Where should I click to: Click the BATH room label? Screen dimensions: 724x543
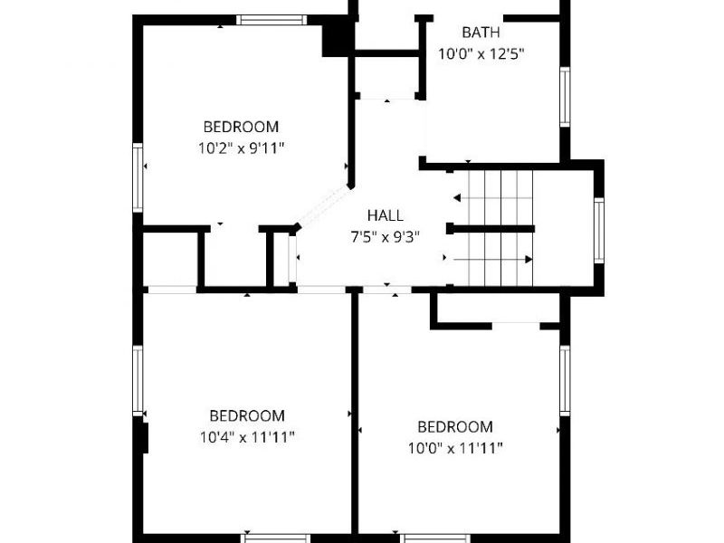point(481,33)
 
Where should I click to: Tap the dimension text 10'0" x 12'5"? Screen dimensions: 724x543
point(481,54)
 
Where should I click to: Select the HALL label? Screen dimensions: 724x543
point(386,215)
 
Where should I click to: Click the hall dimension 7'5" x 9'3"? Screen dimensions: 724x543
point(386,237)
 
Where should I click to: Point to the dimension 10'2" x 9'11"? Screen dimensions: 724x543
point(241,148)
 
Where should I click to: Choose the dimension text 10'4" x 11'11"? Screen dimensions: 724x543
point(247,437)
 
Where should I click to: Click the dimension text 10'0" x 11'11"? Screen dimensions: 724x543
point(455,448)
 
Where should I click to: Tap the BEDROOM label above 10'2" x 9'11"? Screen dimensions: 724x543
point(241,127)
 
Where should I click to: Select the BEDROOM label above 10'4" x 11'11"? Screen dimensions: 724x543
point(247,415)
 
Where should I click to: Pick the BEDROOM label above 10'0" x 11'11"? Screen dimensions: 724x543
point(455,426)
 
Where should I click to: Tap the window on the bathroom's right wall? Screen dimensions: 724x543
point(565,97)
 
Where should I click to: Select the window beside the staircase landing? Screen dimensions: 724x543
point(598,231)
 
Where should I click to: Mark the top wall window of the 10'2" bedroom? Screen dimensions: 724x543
point(272,20)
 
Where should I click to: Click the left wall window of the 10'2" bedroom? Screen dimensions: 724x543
point(138,177)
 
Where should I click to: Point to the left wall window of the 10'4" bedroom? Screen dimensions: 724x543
point(138,381)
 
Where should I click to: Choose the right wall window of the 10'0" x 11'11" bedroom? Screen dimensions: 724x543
point(565,381)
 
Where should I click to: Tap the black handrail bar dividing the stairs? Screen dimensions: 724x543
point(491,229)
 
